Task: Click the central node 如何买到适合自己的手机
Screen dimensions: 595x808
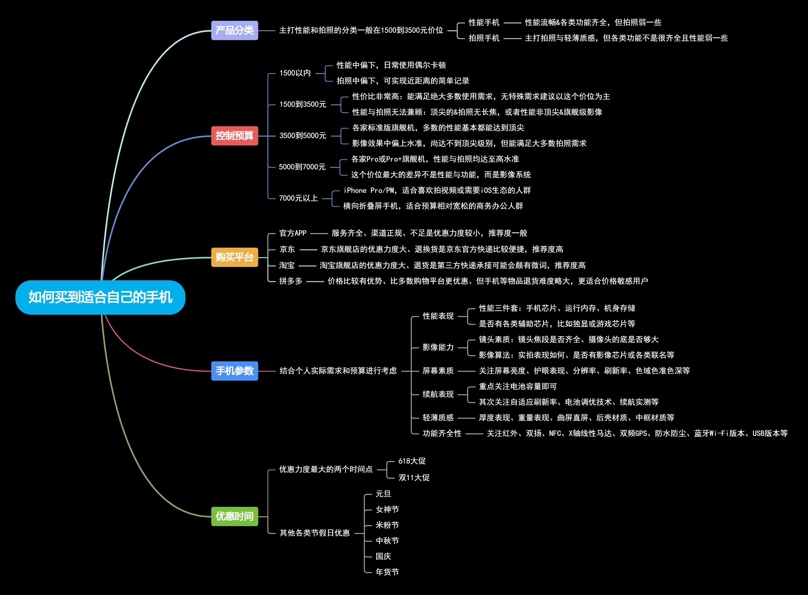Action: pyautogui.click(x=100, y=297)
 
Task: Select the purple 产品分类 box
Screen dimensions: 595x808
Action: pyautogui.click(x=234, y=30)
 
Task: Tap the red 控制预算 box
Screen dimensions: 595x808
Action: pyautogui.click(x=234, y=136)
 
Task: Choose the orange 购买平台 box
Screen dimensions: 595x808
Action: pyautogui.click(x=234, y=257)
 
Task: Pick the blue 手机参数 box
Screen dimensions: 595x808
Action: pyautogui.click(x=234, y=371)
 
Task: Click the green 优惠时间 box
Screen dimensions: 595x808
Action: pyautogui.click(x=234, y=516)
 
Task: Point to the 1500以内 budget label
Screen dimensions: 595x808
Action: pyautogui.click(x=295, y=73)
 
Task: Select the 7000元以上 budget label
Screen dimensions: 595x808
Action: pyautogui.click(x=298, y=198)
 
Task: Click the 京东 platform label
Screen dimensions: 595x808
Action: pyautogui.click(x=287, y=249)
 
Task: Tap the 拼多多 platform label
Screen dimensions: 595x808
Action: pyautogui.click(x=290, y=281)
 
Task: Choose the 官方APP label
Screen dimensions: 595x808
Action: pyautogui.click(x=293, y=233)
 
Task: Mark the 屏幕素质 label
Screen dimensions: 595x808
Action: pyautogui.click(x=438, y=371)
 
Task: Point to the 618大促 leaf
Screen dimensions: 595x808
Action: pyautogui.click(x=412, y=461)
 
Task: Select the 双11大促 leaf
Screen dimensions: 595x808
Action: pyautogui.click(x=414, y=478)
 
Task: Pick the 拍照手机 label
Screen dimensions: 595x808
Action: pyautogui.click(x=484, y=38)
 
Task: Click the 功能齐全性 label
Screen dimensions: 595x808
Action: pyautogui.click(x=442, y=433)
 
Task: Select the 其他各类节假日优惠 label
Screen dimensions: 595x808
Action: pyautogui.click(x=315, y=533)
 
